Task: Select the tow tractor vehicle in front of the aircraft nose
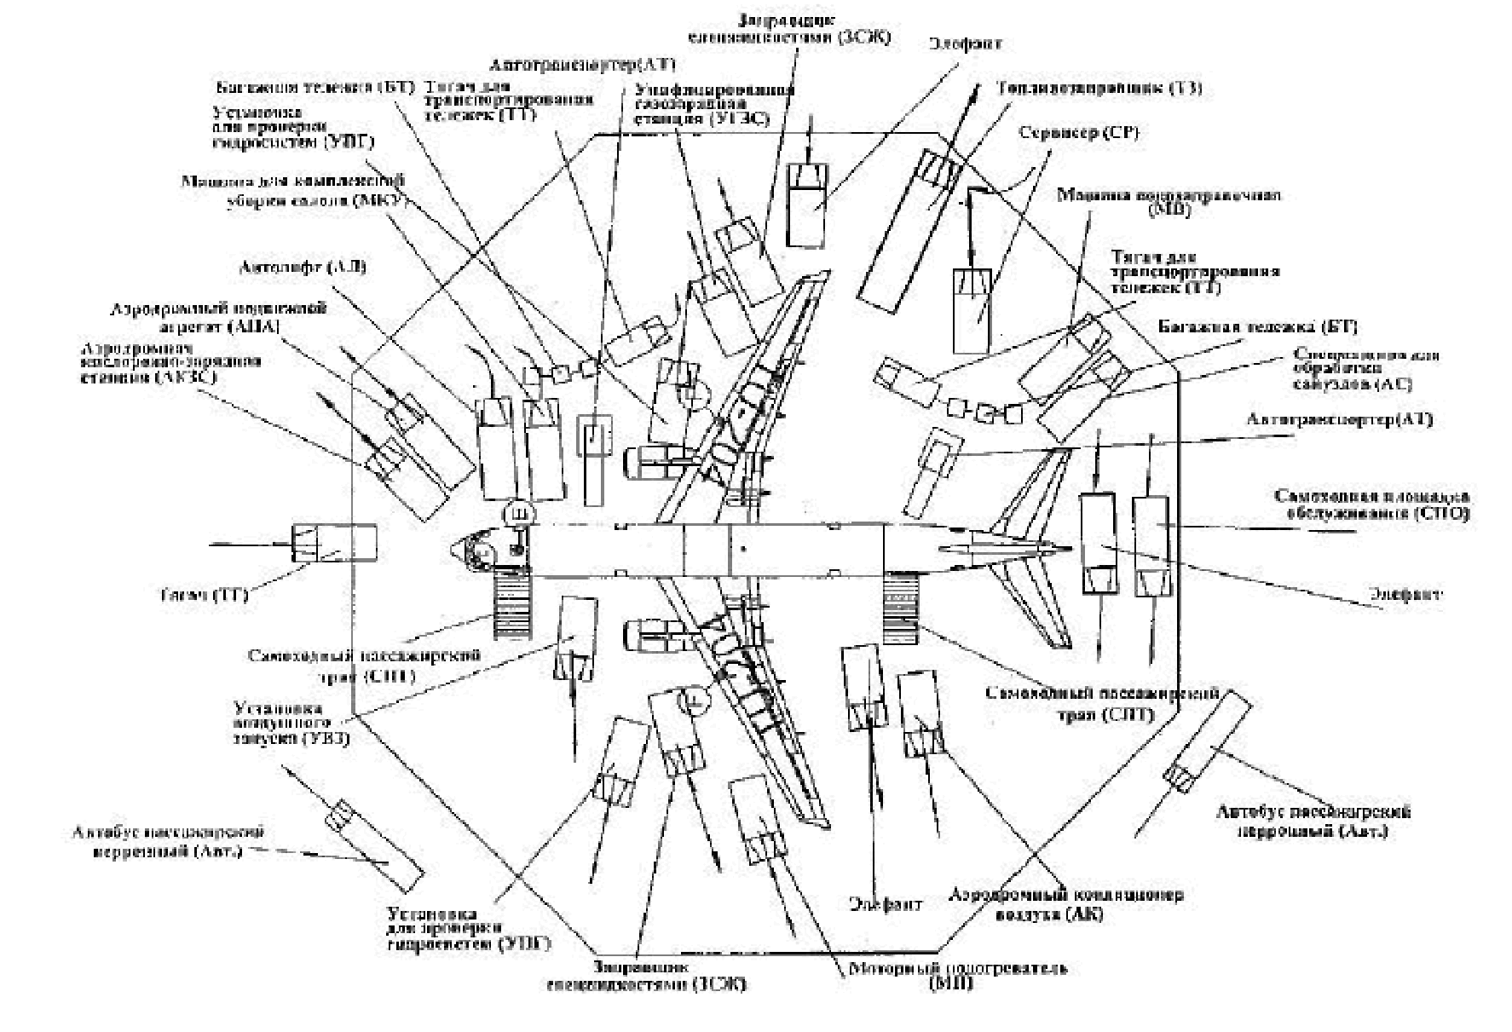334,543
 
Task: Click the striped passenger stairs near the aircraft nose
511,605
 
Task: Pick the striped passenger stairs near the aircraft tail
901,608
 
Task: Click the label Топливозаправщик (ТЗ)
1099,88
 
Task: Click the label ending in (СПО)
1371,504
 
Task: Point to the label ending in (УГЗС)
714,104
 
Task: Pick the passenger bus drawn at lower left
375,844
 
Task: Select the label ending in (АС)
1365,368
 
